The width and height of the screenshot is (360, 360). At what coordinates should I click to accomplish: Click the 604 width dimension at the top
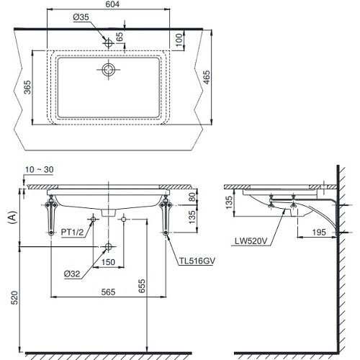[112, 4]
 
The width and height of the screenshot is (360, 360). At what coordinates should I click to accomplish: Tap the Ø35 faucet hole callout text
[81, 17]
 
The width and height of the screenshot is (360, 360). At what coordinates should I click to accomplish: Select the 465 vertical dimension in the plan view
[207, 77]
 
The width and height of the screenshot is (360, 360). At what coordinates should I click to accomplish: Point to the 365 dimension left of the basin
[27, 87]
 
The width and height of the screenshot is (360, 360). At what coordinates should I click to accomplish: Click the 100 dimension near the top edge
[179, 40]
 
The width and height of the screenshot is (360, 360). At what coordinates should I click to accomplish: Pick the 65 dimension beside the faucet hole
[120, 37]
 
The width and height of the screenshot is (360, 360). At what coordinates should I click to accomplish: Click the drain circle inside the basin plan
[109, 70]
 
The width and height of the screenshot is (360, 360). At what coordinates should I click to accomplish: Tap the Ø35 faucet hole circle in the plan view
[108, 43]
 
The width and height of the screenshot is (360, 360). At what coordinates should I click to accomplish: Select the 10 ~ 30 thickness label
[39, 170]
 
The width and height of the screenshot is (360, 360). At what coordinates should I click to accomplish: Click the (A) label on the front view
[12, 217]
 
